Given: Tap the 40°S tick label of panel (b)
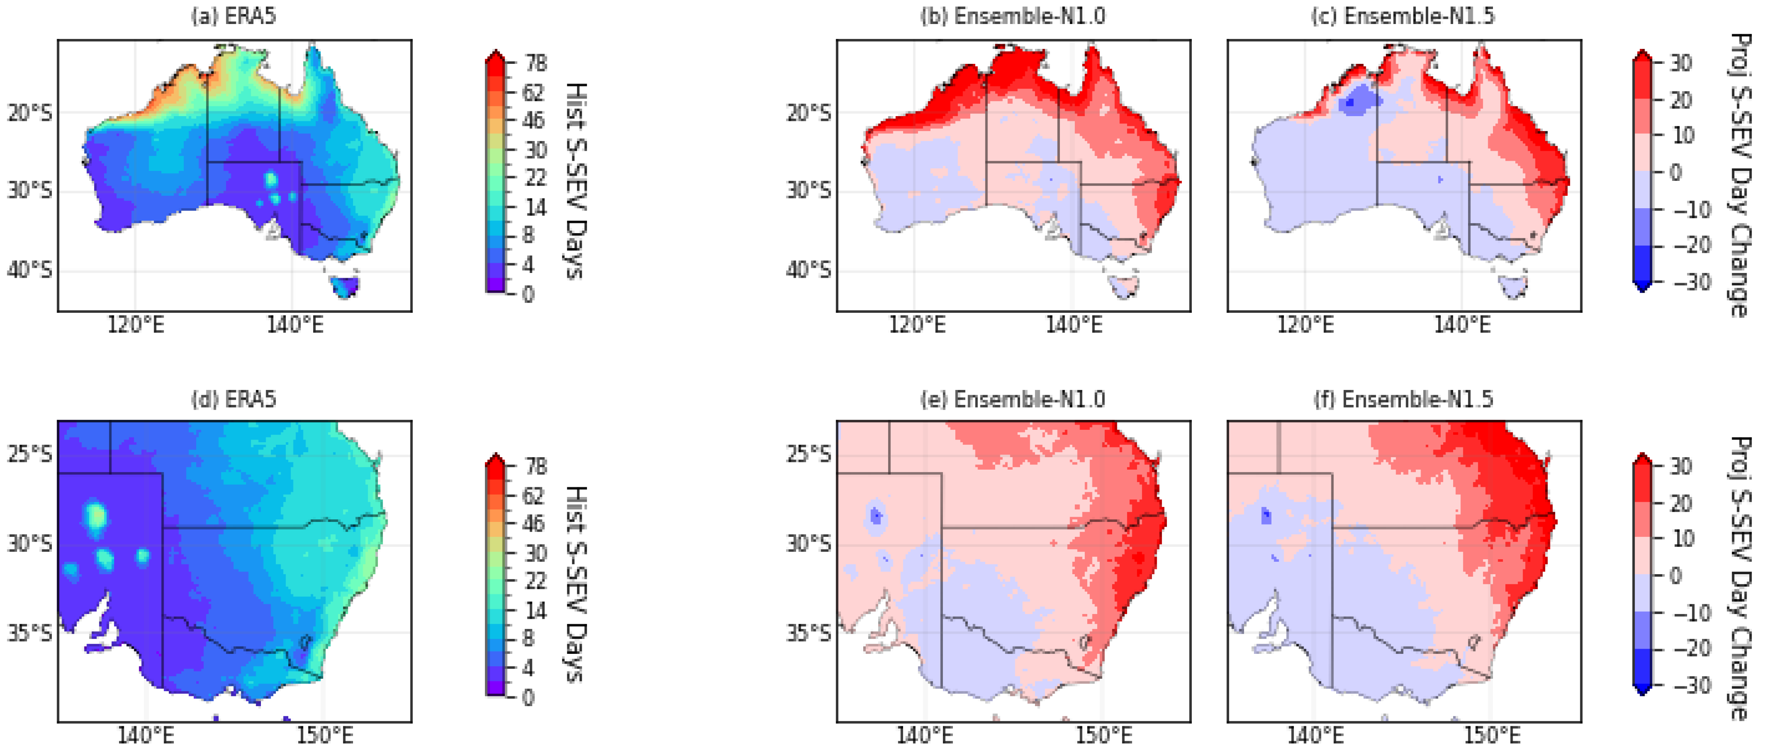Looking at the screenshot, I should [808, 270].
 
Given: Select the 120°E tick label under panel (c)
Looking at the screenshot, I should [1305, 325].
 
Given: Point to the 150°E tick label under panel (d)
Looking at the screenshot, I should [324, 736].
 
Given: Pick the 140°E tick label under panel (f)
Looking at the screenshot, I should [1315, 736].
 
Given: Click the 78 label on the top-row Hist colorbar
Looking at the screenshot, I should [536, 63].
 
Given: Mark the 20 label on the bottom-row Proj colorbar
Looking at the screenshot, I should [1680, 503].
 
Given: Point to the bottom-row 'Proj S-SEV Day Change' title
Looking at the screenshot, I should [1740, 578].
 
